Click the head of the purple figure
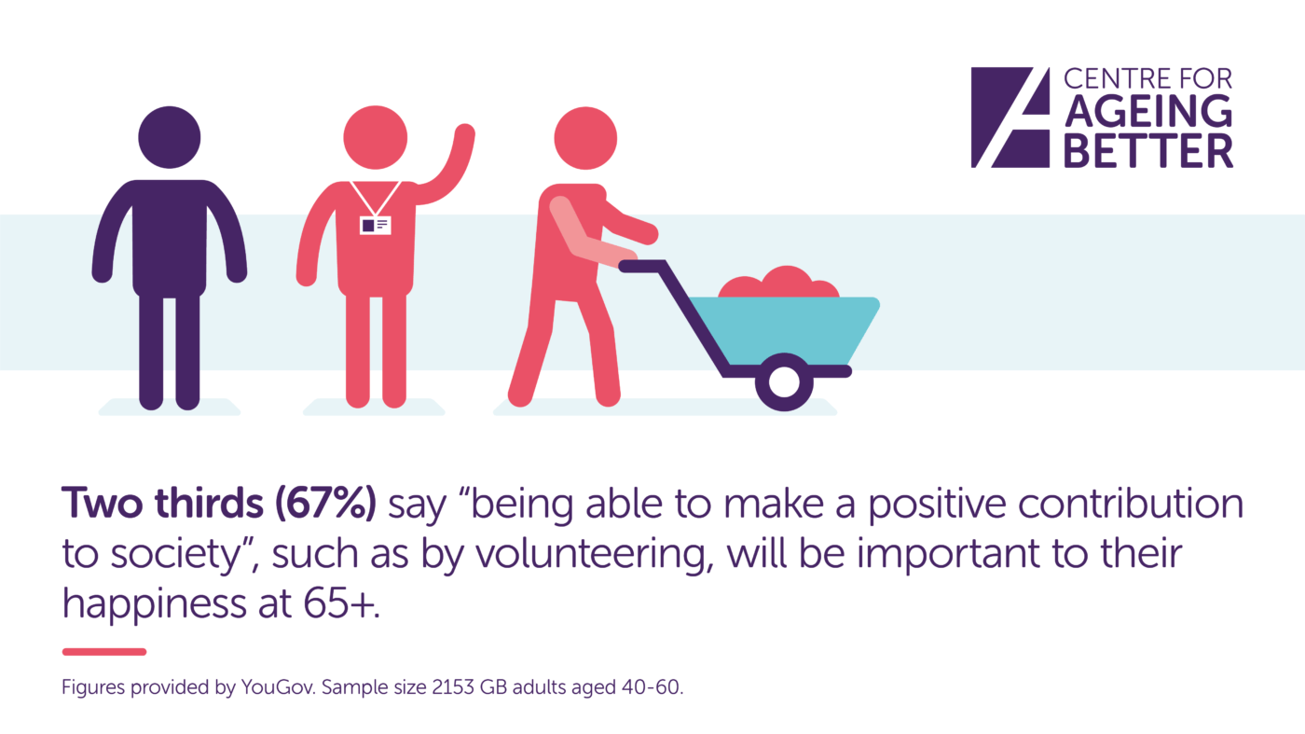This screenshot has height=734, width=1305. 170,137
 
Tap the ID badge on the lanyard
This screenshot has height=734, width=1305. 375,225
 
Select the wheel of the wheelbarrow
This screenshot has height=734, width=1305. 784,381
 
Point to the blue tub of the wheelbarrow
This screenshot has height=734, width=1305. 784,330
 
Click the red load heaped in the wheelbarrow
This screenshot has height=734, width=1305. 779,283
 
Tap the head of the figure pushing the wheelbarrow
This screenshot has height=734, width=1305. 585,138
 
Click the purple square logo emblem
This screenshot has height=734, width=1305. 1010,118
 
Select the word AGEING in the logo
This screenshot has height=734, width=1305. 1148,111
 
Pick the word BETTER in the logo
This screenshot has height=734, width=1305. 1148,151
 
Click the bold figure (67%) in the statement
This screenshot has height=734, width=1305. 325,503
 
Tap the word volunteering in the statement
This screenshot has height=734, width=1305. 595,554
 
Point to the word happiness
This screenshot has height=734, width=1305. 155,602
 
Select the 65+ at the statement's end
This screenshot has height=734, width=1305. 341,602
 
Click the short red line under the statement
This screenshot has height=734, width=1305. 104,652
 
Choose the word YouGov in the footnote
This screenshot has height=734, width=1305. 279,686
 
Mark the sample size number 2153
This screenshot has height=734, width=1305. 453,686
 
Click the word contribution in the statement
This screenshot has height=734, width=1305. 1131,503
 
